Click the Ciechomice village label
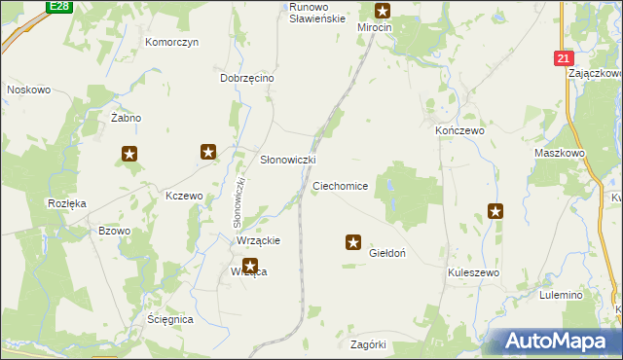click(340, 185)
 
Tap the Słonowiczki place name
click(287, 160)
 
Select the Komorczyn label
click(171, 43)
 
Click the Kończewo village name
click(458, 129)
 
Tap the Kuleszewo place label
click(473, 273)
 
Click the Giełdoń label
click(388, 253)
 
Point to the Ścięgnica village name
click(171, 319)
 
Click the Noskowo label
click(28, 90)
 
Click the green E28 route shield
click(59, 6)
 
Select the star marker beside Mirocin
click(383, 12)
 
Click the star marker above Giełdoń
click(353, 242)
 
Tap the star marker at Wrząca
click(250, 265)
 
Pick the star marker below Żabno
click(129, 153)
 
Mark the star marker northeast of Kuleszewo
click(495, 210)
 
